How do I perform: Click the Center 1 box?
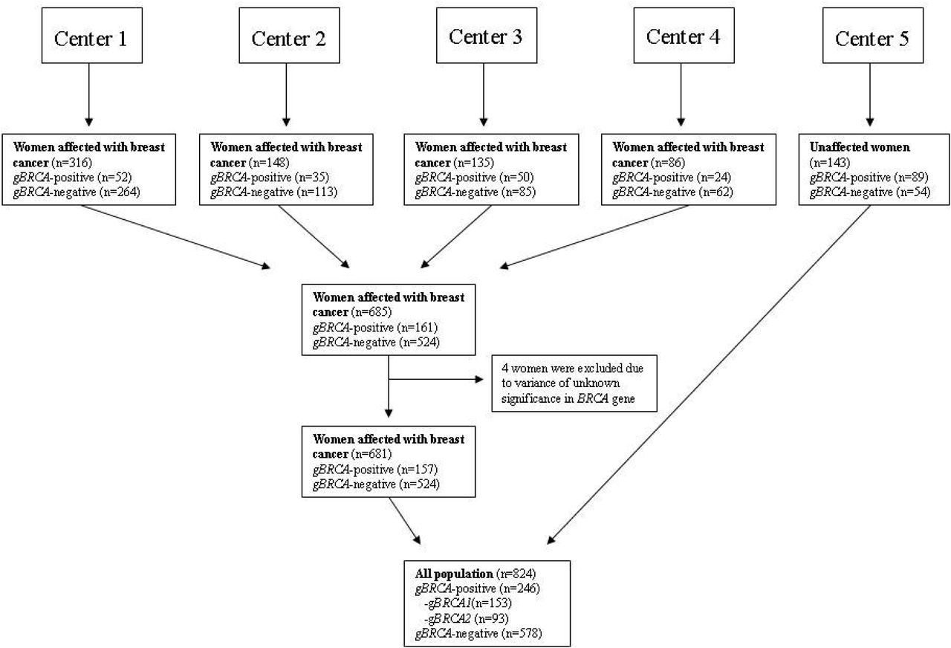(x=91, y=35)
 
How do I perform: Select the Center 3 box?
(x=487, y=35)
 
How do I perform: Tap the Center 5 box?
(x=873, y=35)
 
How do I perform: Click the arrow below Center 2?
(x=286, y=94)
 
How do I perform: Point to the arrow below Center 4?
(x=681, y=94)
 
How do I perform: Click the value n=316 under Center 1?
(x=72, y=162)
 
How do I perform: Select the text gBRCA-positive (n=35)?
(x=270, y=177)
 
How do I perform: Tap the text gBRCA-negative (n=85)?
(x=475, y=192)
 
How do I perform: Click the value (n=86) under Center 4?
(x=667, y=162)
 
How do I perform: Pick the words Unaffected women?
(x=860, y=147)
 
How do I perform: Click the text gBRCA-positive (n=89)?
(x=869, y=177)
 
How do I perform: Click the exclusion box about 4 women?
(x=574, y=383)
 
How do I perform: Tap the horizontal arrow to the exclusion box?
(x=436, y=379)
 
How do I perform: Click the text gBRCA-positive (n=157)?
(x=375, y=469)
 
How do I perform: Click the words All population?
(x=454, y=574)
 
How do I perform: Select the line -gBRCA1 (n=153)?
(x=468, y=603)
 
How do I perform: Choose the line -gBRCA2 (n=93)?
(x=466, y=618)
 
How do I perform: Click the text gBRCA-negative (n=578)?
(x=478, y=633)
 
